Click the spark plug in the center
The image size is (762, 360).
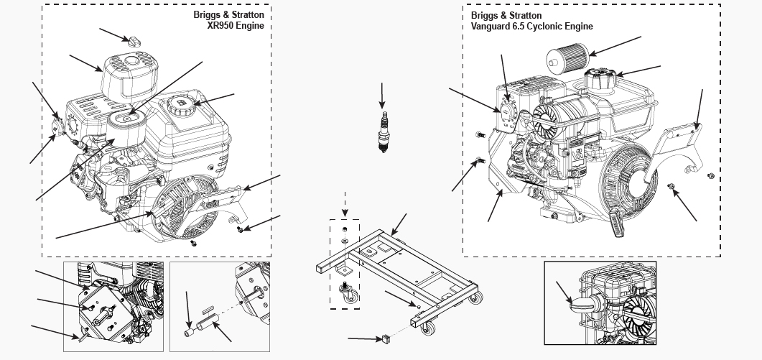click(384, 132)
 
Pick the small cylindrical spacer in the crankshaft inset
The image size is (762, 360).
click(191, 331)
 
